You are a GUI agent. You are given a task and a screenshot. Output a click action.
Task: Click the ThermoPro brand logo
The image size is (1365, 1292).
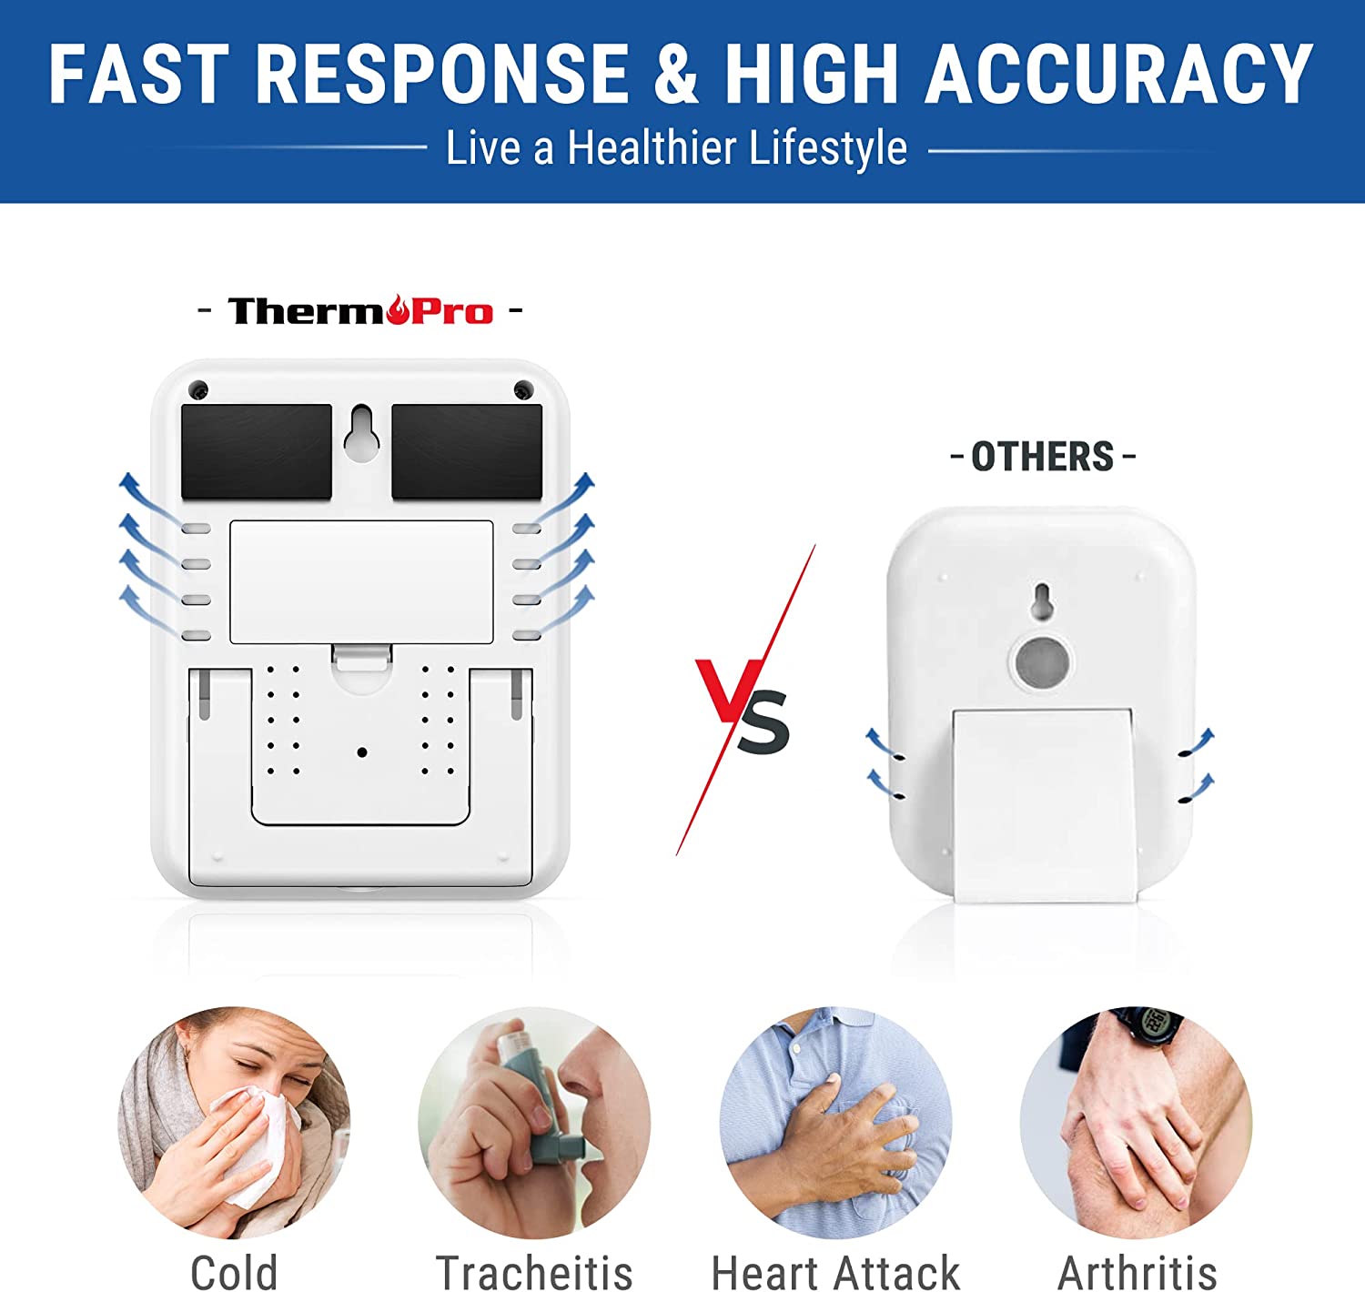pyautogui.click(x=360, y=310)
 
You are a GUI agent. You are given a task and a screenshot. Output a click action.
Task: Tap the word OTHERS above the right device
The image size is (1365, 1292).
pyautogui.click(x=1042, y=457)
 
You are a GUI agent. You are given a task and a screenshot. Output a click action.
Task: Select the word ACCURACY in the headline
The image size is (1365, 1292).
pyautogui.click(x=1118, y=73)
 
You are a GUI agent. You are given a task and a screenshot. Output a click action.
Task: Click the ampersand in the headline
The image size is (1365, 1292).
pyautogui.click(x=675, y=73)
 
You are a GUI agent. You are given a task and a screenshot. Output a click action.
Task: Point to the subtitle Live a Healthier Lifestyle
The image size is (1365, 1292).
pyautogui.click(x=676, y=147)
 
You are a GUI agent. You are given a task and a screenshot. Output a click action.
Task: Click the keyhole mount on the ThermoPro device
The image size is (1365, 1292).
pyautogui.click(x=362, y=433)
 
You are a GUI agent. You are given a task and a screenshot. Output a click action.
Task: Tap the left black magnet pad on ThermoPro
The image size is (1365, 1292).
pyautogui.click(x=257, y=451)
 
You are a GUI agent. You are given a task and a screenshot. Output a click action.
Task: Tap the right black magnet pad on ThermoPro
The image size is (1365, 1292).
pyautogui.click(x=467, y=451)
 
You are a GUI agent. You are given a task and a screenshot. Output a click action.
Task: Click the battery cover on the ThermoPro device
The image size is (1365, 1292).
pyautogui.click(x=362, y=581)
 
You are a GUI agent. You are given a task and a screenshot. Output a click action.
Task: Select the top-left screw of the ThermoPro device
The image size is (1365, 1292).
pyautogui.click(x=198, y=389)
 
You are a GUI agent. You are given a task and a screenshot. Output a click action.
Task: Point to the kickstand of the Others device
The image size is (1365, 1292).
pyautogui.click(x=1044, y=805)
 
